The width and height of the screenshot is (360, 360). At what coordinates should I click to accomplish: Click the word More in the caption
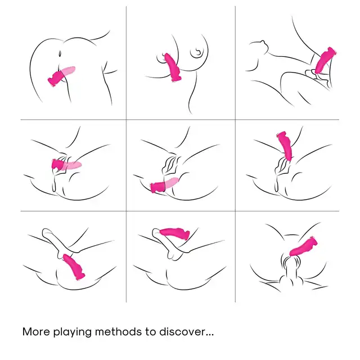[x=36, y=332]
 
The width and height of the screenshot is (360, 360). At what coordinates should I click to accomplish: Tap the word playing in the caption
[x=73, y=332]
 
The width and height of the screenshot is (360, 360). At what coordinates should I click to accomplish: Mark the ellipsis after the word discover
[x=210, y=335]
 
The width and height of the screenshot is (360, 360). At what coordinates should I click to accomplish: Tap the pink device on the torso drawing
[x=173, y=67]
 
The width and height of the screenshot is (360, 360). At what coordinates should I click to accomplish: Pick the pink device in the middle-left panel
[x=66, y=165]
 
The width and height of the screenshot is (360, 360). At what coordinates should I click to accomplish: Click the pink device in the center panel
[x=164, y=185]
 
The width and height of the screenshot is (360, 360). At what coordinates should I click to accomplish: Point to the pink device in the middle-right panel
[x=285, y=146]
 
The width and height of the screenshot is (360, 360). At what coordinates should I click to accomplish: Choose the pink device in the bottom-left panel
[x=74, y=267]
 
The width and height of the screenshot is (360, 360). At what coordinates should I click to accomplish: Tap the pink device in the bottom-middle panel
[x=175, y=233]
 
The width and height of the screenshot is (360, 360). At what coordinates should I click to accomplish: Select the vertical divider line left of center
[x=126, y=154]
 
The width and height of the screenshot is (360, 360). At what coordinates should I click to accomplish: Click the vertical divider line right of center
[x=235, y=154]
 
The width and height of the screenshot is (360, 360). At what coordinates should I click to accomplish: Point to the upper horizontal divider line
[x=180, y=120]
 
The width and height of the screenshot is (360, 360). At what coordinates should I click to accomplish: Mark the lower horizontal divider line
[x=180, y=211]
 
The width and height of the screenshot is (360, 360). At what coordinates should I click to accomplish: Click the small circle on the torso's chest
[x=197, y=52]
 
